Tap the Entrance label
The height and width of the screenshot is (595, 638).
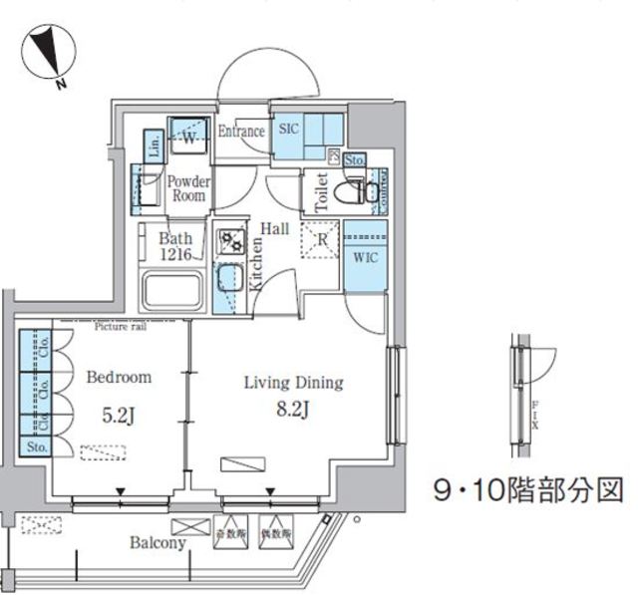pyautogui.click(x=241, y=132)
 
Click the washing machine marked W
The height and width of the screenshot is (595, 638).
pyautogui.click(x=186, y=138)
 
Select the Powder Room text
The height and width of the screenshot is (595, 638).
pyautogui.click(x=187, y=188)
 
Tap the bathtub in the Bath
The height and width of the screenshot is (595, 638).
pyautogui.click(x=172, y=293)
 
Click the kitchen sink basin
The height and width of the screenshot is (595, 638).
pyautogui.click(x=229, y=276)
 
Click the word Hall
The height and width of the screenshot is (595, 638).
pyautogui.click(x=275, y=229)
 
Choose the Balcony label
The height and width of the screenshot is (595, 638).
pyautogui.click(x=158, y=543)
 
